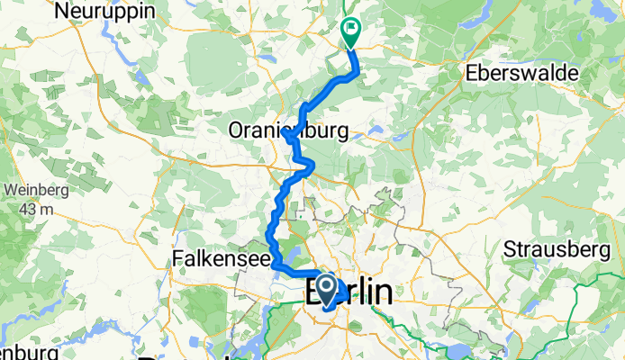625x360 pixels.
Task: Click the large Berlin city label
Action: (350, 292)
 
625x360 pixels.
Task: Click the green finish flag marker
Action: (349, 30)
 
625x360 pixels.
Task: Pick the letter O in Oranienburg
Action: (237, 131)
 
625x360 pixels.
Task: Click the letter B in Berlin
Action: (317, 293)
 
